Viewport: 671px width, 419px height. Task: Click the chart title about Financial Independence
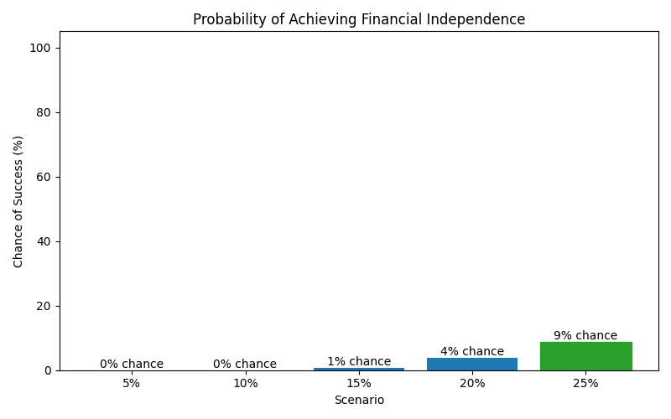(359, 19)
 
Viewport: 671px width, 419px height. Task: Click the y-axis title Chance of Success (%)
(18, 201)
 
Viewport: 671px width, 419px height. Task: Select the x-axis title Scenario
(359, 401)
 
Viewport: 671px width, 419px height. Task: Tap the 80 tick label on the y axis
(45, 112)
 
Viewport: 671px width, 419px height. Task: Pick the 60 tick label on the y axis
(45, 177)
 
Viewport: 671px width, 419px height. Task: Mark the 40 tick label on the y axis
(45, 241)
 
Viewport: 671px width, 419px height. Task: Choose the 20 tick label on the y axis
(45, 306)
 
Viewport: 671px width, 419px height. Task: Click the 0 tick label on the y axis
(48, 370)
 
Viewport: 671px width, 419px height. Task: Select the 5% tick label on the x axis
(132, 384)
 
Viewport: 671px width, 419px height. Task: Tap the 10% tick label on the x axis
(245, 384)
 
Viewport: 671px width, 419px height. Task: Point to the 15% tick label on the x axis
(359, 384)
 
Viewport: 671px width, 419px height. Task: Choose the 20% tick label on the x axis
(472, 384)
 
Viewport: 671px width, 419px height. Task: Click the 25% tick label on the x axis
(585, 384)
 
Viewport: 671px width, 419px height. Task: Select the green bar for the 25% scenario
(585, 356)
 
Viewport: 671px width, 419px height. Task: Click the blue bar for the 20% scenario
(472, 364)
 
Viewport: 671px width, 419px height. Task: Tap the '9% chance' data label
(585, 335)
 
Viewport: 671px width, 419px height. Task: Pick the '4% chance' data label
(472, 351)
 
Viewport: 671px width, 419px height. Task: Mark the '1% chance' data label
(359, 361)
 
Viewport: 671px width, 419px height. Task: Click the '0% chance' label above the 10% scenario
(245, 364)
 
